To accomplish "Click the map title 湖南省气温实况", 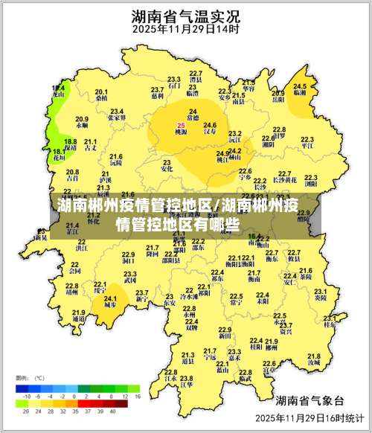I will click(x=185, y=16).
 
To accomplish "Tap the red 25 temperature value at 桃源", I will click(x=181, y=125).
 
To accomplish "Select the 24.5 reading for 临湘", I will click(x=300, y=86).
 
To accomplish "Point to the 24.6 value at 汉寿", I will click(x=210, y=124).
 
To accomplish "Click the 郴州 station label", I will click(x=272, y=347).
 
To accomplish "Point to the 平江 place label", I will click(x=307, y=147).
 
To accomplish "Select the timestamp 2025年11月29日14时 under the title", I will click(x=185, y=31).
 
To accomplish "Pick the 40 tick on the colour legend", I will click(x=113, y=410).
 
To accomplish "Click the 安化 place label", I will click(x=167, y=169).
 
